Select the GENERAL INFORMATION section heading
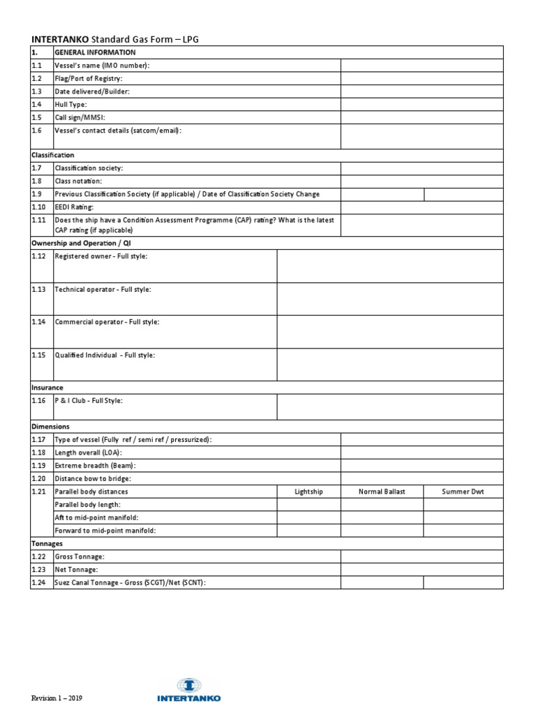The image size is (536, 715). (95, 52)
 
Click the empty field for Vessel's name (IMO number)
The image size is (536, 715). (422, 66)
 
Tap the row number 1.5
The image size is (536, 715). (37, 117)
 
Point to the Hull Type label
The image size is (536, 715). (70, 104)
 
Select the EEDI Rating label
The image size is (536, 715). (74, 207)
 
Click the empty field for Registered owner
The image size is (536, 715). (389, 266)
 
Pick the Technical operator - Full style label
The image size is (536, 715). (103, 289)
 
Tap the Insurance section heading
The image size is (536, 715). (47, 387)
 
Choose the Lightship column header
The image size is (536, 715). (308, 492)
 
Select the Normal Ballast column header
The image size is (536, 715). (382, 492)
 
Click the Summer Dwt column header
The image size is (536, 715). (463, 492)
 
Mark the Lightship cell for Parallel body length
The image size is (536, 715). (308, 504)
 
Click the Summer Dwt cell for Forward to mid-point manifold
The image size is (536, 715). (463, 531)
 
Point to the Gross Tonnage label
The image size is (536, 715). (80, 556)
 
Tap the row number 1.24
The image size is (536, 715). (38, 582)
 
